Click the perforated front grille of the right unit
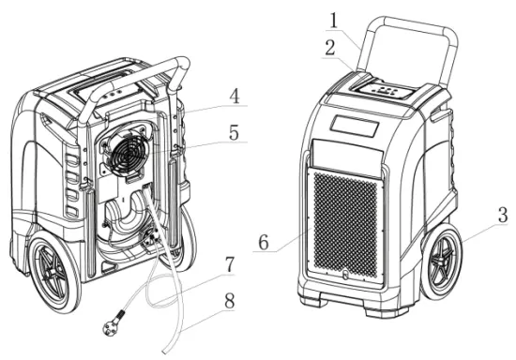345,224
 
